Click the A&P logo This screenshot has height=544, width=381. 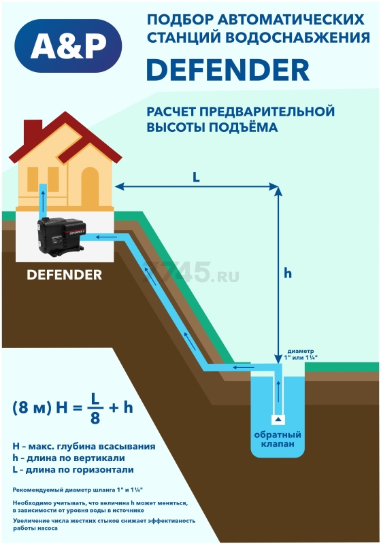pos(69,46)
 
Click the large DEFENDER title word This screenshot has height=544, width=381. pos(228,70)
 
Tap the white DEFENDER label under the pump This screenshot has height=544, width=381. pos(65,275)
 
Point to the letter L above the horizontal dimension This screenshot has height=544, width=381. pos(197,177)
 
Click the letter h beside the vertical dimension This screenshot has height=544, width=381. pos(288,273)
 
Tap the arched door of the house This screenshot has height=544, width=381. pos(90,187)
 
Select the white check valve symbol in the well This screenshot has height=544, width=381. pos(278,420)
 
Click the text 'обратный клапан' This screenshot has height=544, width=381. pos(278,439)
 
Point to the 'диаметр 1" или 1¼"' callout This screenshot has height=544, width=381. pos(301,354)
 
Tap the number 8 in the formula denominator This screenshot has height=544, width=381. pos(95,419)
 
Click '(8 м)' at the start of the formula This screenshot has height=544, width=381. pos(32,407)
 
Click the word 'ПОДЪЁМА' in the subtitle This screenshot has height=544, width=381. pos(244,127)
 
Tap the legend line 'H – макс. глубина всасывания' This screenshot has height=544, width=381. pos(84,447)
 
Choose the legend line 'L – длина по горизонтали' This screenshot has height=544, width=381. pos(73,470)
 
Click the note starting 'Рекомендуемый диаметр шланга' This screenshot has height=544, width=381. pos(78,490)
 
